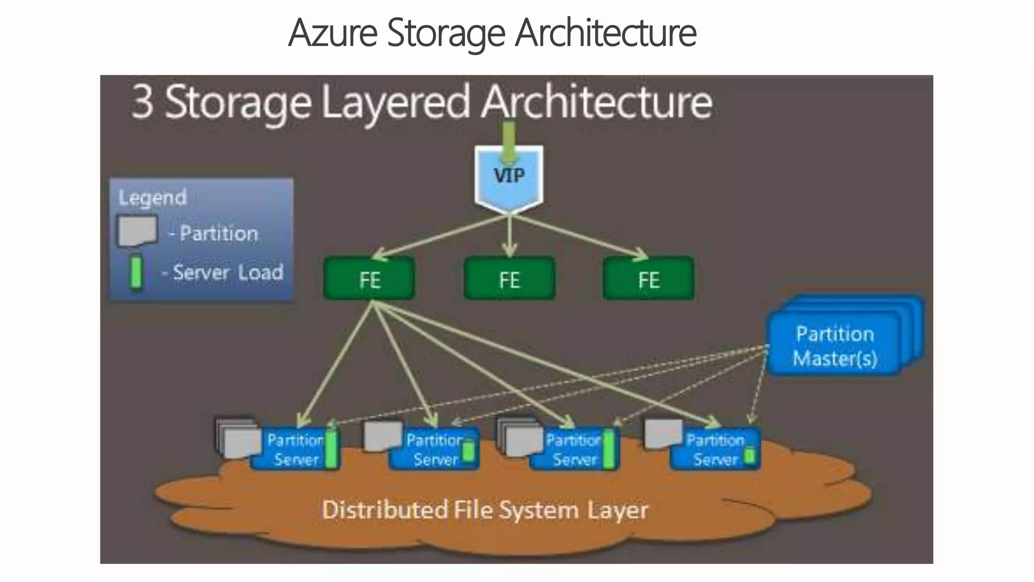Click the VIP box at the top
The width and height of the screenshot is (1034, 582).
pos(509,177)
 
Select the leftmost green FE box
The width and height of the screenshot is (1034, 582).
pos(370,279)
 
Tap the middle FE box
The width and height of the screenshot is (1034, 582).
pos(509,279)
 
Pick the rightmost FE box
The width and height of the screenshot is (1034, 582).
pos(649,279)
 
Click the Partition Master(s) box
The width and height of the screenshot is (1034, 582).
pos(834,347)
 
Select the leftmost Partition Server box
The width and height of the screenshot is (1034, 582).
pos(295,450)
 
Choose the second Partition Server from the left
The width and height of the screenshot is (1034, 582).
pos(434,450)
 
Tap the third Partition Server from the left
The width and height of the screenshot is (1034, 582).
pos(574,450)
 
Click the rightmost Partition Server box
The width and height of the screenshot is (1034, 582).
pos(714,450)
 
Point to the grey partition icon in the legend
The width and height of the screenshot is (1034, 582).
pos(137,231)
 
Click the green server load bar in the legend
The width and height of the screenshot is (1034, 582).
pos(135,273)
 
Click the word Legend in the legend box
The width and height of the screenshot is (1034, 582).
pos(152,198)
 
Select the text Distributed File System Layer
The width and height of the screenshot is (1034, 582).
pos(485,510)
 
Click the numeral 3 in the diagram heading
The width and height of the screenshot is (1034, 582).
pos(142,103)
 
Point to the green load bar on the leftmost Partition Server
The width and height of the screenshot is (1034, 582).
pos(331,449)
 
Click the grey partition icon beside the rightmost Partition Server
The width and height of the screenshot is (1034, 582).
pos(663,433)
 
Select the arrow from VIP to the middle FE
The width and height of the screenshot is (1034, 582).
pos(509,235)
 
